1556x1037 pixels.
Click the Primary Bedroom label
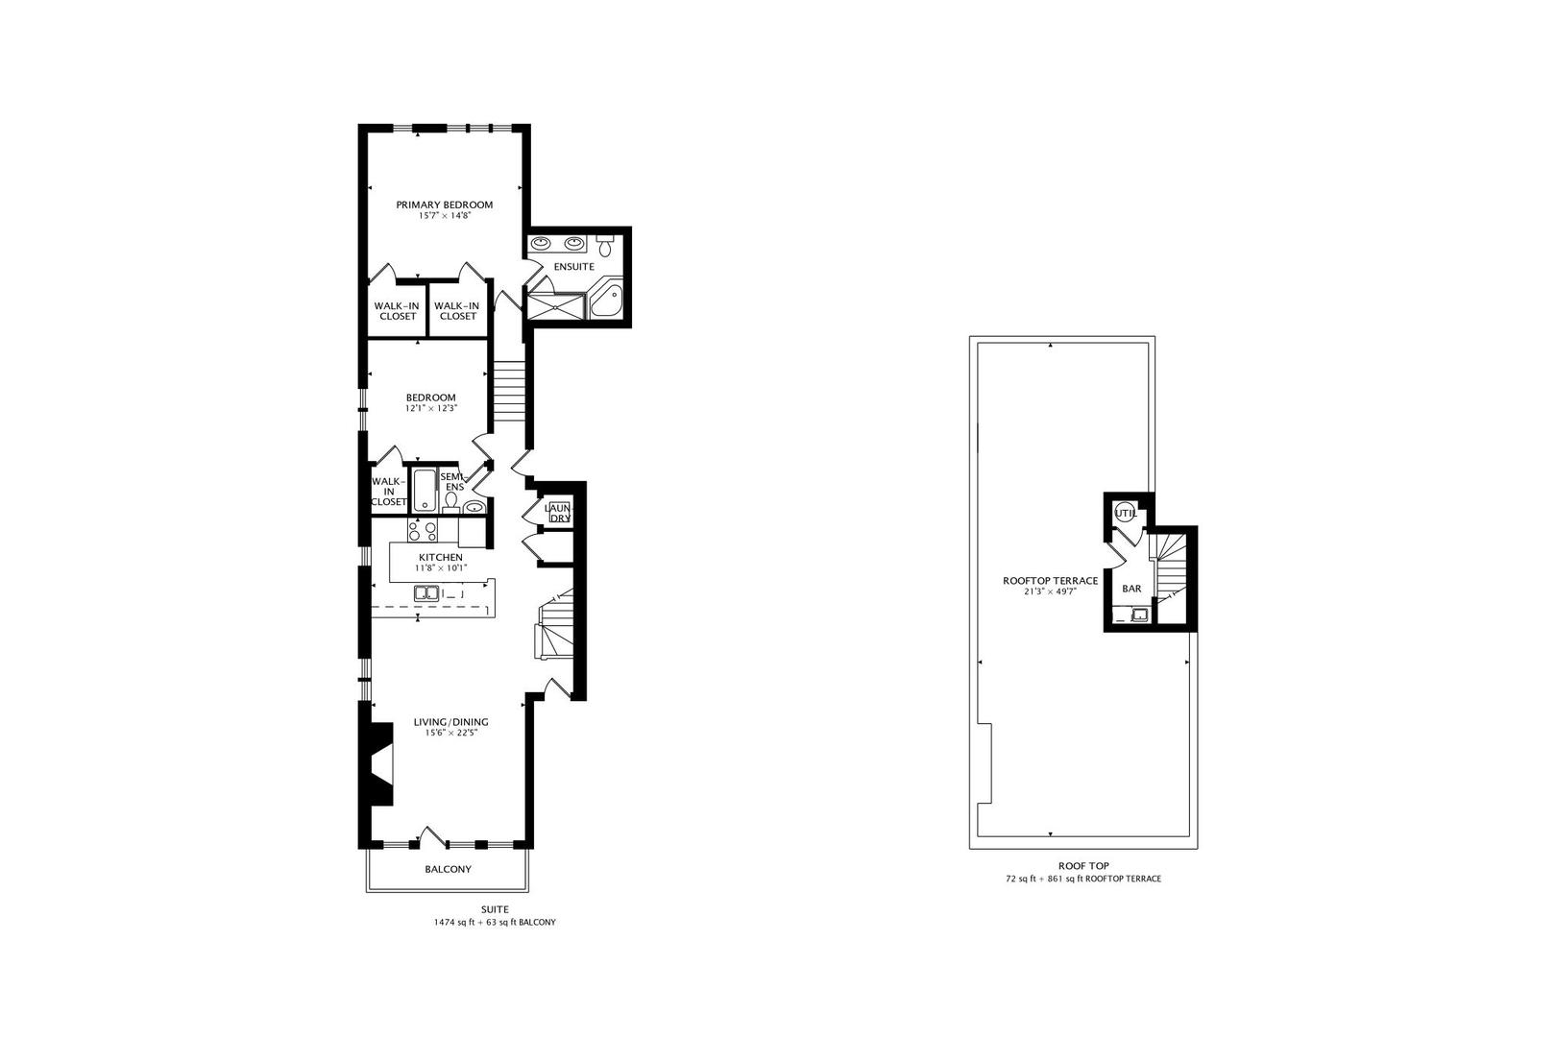pyautogui.click(x=445, y=205)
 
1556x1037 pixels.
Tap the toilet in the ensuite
pyautogui.click(x=604, y=245)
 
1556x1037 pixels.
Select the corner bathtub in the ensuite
pyautogui.click(x=606, y=302)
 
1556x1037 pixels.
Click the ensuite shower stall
pyautogui.click(x=556, y=306)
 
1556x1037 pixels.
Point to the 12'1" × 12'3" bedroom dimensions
pyautogui.click(x=431, y=408)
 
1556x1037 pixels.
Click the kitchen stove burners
pyautogui.click(x=423, y=531)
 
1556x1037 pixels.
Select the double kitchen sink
pyautogui.click(x=425, y=593)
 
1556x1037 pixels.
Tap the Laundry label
pyautogui.click(x=558, y=514)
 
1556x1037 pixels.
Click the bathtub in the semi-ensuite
pyautogui.click(x=423, y=490)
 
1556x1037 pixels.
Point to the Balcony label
pyautogui.click(x=448, y=869)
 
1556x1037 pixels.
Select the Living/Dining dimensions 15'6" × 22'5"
pyautogui.click(x=450, y=733)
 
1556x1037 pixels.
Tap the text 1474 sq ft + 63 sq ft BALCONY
pyautogui.click(x=495, y=923)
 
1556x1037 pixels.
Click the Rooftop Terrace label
pyautogui.click(x=1051, y=581)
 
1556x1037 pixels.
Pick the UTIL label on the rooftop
pyautogui.click(x=1126, y=514)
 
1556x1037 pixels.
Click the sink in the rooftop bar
pyautogui.click(x=1140, y=614)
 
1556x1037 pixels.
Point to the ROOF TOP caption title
pyautogui.click(x=1083, y=866)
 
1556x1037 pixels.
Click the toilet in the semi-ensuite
pyautogui.click(x=450, y=501)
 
